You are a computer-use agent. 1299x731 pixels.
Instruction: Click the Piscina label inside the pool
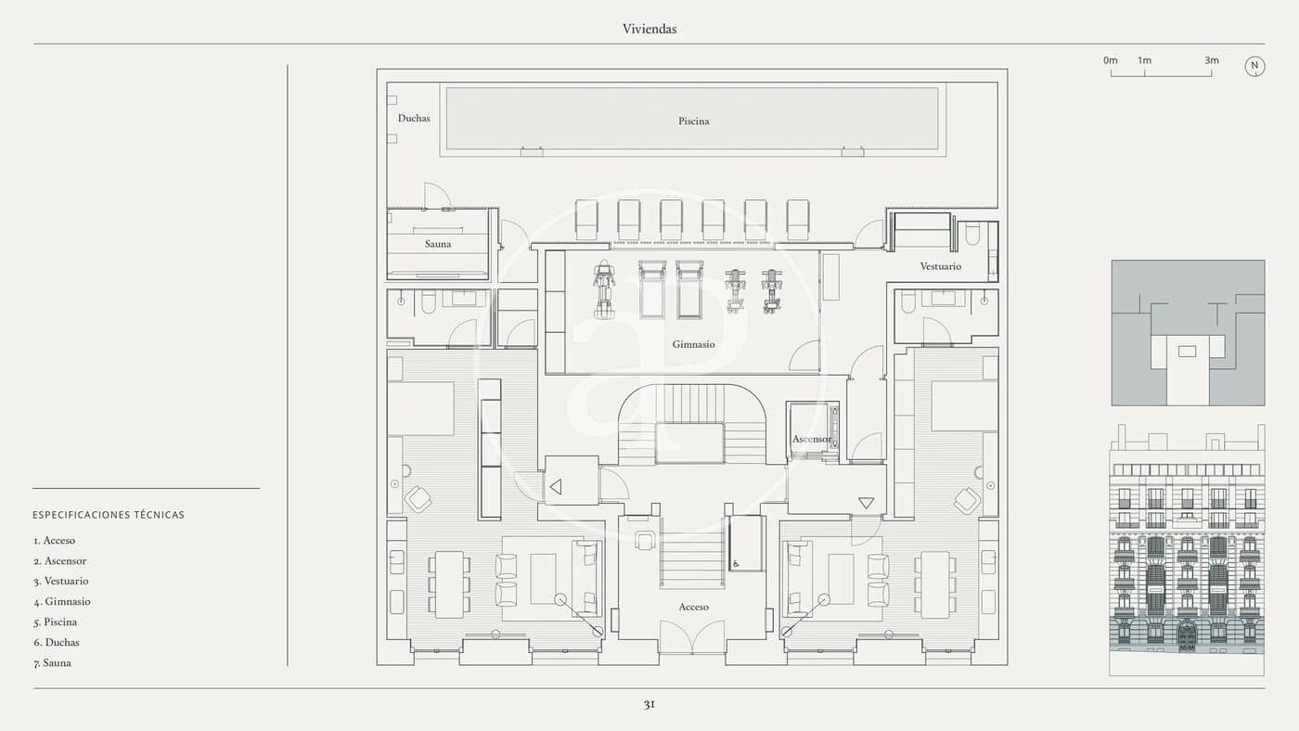click(693, 121)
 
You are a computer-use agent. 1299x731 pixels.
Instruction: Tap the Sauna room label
click(438, 244)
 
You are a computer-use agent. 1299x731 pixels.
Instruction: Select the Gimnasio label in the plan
click(693, 344)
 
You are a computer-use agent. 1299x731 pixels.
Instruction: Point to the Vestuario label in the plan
click(940, 266)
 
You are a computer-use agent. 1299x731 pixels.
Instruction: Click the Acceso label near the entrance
click(693, 607)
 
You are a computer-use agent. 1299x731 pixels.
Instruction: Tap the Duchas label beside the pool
click(414, 118)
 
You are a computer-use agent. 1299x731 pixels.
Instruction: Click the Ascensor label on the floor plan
click(811, 439)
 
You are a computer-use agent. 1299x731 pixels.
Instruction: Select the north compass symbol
click(1254, 66)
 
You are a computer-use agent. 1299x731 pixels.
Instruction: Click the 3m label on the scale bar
click(1212, 60)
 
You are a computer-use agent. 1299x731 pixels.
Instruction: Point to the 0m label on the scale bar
click(1111, 60)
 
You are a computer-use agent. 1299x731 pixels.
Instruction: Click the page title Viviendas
click(649, 29)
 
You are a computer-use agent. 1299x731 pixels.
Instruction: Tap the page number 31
click(649, 704)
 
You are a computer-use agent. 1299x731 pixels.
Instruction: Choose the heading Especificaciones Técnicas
click(109, 515)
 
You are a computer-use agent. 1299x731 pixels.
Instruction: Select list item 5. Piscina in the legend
click(56, 622)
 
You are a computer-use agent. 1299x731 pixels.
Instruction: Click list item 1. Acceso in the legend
click(55, 541)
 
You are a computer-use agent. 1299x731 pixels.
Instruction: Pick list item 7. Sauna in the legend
click(52, 663)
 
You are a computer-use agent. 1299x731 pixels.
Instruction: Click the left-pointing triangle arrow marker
click(556, 486)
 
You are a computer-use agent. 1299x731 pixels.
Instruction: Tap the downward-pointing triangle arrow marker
click(866, 503)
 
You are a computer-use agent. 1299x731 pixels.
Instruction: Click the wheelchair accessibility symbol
click(736, 562)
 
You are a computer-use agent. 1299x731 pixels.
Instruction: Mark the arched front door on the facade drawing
click(1186, 637)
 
